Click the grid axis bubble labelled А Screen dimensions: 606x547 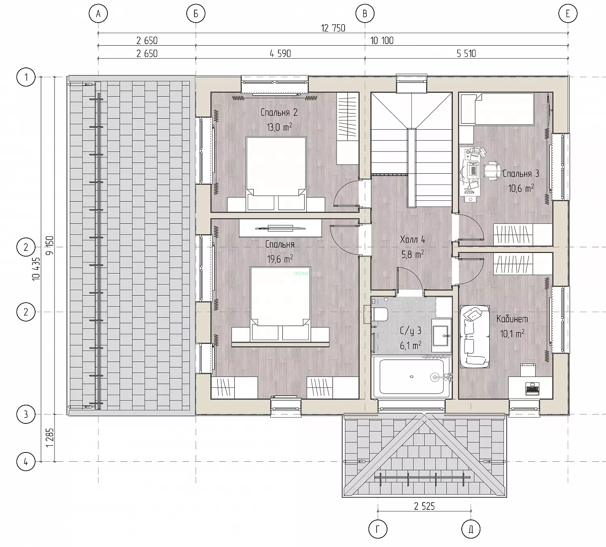pos(98,14)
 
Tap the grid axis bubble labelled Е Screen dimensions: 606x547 pos(568,14)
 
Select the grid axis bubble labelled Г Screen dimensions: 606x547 pos(378,529)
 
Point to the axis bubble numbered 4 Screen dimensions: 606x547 pos(26,461)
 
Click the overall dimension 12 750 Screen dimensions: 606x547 pos(333,28)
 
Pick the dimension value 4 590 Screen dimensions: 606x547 pos(280,53)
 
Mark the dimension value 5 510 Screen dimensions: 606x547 pos(466,53)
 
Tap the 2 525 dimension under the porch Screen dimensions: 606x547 pos(425,506)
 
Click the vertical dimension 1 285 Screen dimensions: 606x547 pos(50,438)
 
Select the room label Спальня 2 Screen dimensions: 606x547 pos(279,113)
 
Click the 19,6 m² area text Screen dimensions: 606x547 pos(280,259)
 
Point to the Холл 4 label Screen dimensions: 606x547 pos(412,240)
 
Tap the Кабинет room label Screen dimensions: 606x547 pos(512,319)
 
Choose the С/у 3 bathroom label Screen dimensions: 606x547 pos(410,330)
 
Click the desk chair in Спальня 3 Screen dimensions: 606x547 pos(491,171)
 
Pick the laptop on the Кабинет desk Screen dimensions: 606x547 pos(532,388)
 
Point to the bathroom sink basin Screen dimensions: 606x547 pos(441,335)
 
